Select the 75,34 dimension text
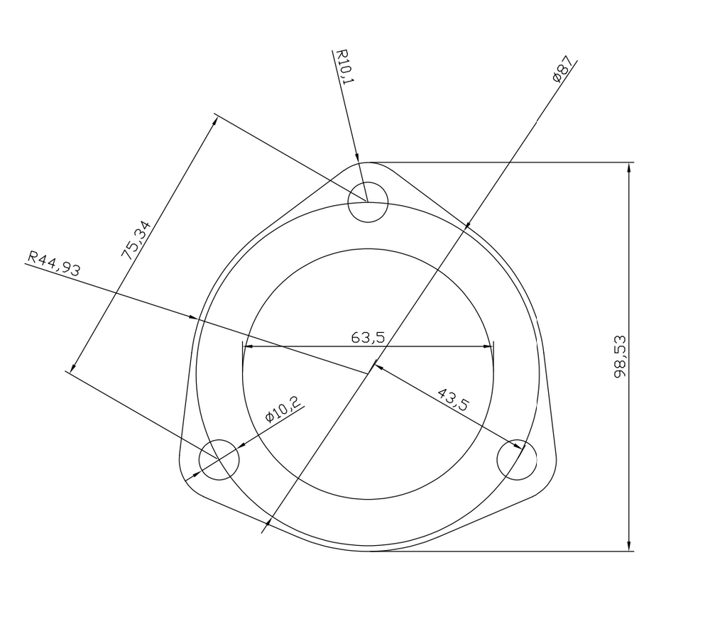point(135,239)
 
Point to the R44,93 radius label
point(55,263)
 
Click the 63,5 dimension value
point(368,338)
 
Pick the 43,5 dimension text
point(454,399)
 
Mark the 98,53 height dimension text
point(620,356)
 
